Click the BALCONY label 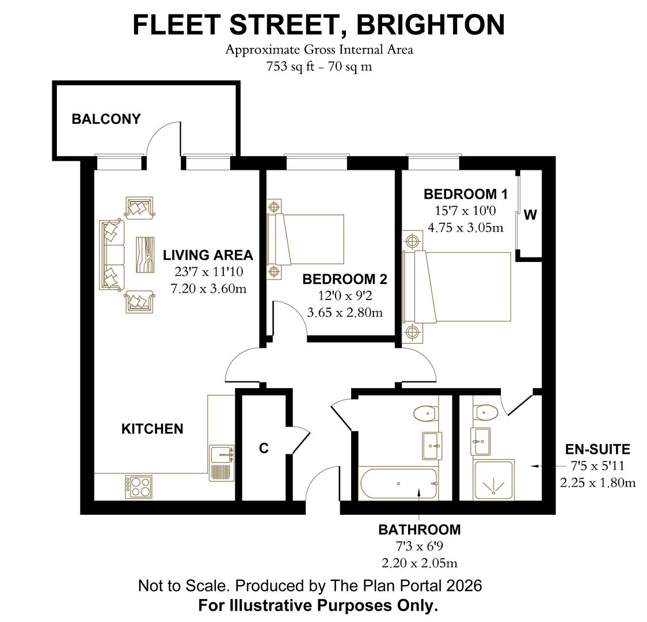click(x=106, y=119)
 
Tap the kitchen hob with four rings click(x=139, y=486)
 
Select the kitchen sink click(x=222, y=455)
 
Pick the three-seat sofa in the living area click(x=112, y=254)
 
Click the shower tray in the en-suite click(x=493, y=479)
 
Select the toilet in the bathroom click(x=426, y=412)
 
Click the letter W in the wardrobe click(x=530, y=215)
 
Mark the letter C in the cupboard click(x=264, y=448)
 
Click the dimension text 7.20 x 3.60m click(x=209, y=289)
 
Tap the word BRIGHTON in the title click(x=431, y=25)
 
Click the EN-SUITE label click(x=597, y=449)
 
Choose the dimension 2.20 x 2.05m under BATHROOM click(x=420, y=563)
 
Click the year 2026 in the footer click(x=463, y=586)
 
